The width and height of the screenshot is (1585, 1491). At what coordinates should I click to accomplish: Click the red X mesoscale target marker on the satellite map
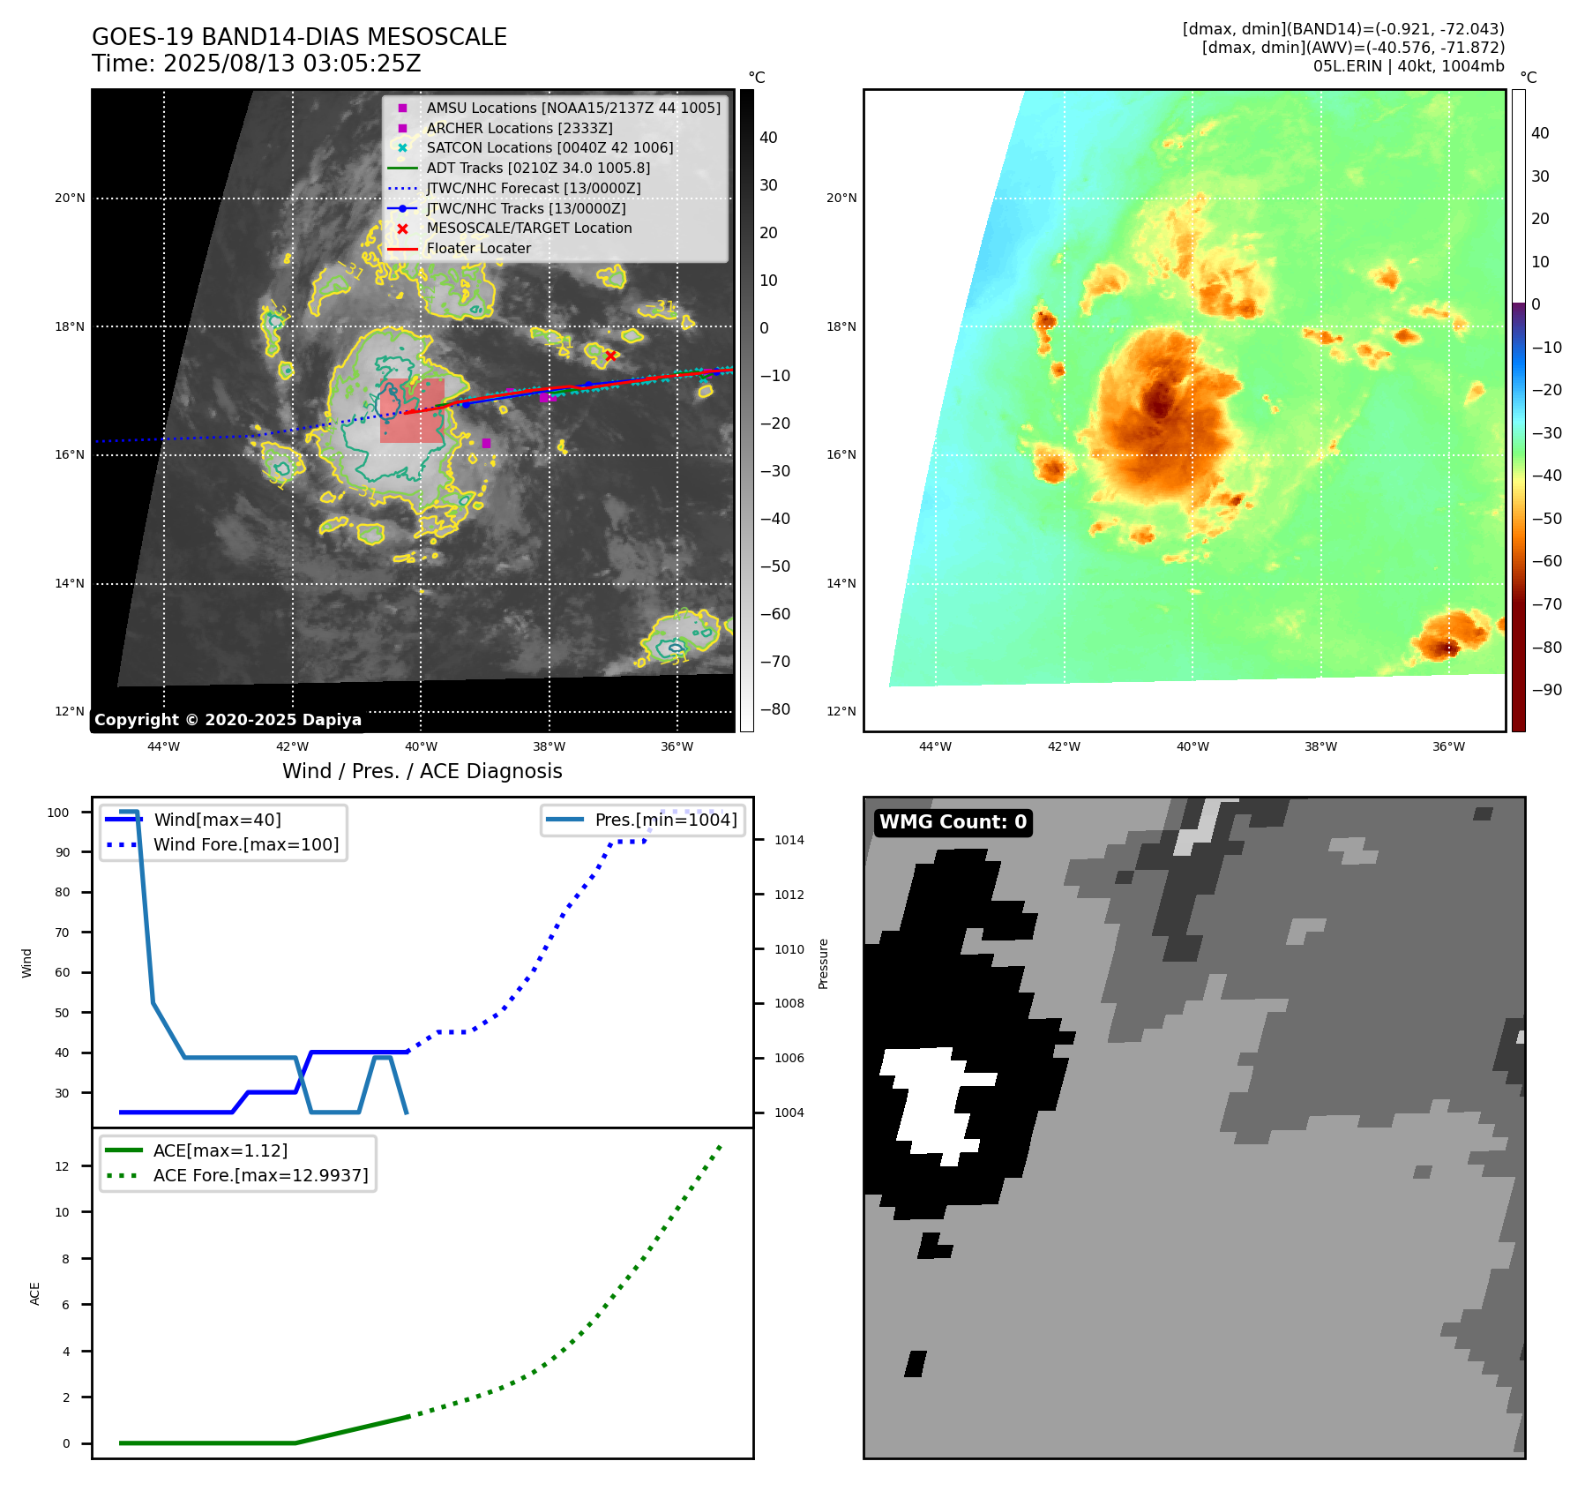pyautogui.click(x=610, y=356)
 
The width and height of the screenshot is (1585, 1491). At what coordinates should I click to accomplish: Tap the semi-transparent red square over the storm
pyautogui.click(x=412, y=411)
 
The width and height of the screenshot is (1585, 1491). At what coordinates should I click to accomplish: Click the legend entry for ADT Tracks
pyautogui.click(x=538, y=168)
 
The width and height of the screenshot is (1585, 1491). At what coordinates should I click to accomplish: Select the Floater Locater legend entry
pyautogui.click(x=478, y=249)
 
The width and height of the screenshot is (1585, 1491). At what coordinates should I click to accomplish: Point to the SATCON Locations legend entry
pyautogui.click(x=550, y=147)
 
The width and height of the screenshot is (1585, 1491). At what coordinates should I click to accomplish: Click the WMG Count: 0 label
pyautogui.click(x=953, y=822)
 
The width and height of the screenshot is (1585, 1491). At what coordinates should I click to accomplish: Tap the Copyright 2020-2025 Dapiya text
pyautogui.click(x=228, y=720)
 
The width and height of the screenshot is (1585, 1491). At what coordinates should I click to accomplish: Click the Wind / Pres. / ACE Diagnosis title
pyautogui.click(x=422, y=771)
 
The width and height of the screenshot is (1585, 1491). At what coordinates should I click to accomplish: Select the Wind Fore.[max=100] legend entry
pyautogui.click(x=245, y=844)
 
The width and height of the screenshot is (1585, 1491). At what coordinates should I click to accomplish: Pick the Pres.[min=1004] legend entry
pyautogui.click(x=665, y=820)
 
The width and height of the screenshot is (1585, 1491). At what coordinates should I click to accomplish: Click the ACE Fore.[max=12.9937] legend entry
pyautogui.click(x=260, y=1175)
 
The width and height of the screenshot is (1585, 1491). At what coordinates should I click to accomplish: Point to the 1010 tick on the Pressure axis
pyautogui.click(x=789, y=949)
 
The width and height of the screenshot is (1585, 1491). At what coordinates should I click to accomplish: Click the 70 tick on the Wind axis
pyautogui.click(x=63, y=933)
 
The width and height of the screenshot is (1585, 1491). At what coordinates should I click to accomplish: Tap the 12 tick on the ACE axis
pyautogui.click(x=63, y=1166)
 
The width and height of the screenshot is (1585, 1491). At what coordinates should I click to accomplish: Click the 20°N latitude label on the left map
pyautogui.click(x=70, y=199)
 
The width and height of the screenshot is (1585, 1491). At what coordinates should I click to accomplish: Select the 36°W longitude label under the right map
pyautogui.click(x=1448, y=746)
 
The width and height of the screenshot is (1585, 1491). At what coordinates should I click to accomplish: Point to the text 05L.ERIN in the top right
pyautogui.click(x=1344, y=66)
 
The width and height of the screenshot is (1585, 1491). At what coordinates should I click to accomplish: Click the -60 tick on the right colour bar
pyautogui.click(x=1546, y=561)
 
